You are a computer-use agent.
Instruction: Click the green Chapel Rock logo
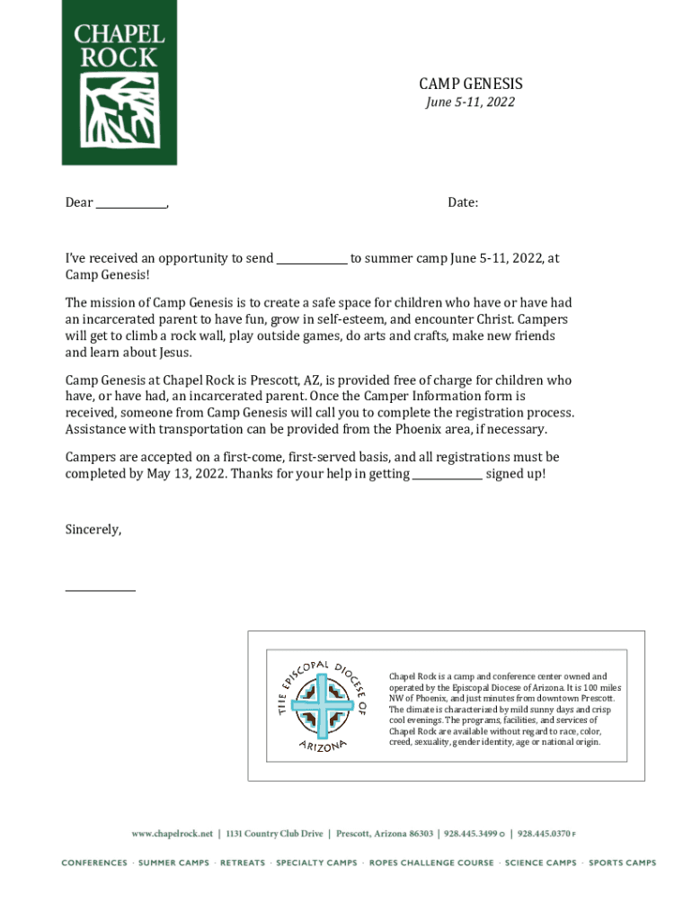pos(119,83)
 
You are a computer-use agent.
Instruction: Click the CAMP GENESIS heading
pos(470,85)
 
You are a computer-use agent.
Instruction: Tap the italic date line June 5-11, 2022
pos(470,103)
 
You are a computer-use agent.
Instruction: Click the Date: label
pos(463,203)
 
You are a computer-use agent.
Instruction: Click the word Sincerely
pos(93,530)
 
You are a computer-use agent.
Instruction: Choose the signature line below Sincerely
pos(101,590)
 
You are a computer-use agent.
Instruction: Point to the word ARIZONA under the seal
pos(323,746)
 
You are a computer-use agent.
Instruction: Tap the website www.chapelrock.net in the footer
pos(173,834)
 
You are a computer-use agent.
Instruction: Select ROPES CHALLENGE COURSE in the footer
pos(431,863)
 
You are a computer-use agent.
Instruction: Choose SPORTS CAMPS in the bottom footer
pos(623,863)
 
